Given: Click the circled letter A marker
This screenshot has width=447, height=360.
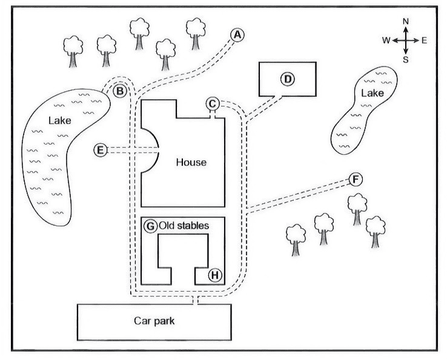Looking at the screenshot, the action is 237,35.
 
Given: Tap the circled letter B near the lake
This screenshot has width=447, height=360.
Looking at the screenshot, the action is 120,91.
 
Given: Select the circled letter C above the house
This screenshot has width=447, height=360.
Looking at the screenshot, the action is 213,104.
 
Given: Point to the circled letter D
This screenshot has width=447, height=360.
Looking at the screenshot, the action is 288,79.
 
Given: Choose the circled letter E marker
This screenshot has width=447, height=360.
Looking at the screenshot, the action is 101,150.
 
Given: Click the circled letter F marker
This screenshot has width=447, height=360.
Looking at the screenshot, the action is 356,180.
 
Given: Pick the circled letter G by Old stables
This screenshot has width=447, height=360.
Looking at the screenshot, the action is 150,226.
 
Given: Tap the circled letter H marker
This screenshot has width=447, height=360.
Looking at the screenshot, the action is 215,275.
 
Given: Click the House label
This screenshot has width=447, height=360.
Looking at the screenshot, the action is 191,162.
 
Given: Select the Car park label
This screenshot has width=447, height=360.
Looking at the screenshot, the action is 154,321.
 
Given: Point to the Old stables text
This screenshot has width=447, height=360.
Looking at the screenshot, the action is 184,226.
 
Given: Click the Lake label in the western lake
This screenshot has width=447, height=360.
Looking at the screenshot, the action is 59,120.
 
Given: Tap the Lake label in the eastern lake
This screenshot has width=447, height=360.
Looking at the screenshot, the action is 372,93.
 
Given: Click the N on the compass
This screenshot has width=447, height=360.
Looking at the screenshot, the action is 406,21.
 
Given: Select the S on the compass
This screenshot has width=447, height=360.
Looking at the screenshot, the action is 406,60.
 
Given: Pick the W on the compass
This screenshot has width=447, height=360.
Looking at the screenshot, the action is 386,41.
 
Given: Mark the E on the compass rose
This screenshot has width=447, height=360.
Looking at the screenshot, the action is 424,41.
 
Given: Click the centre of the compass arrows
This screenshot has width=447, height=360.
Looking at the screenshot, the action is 406,41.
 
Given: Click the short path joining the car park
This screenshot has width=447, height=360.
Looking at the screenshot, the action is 195,300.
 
